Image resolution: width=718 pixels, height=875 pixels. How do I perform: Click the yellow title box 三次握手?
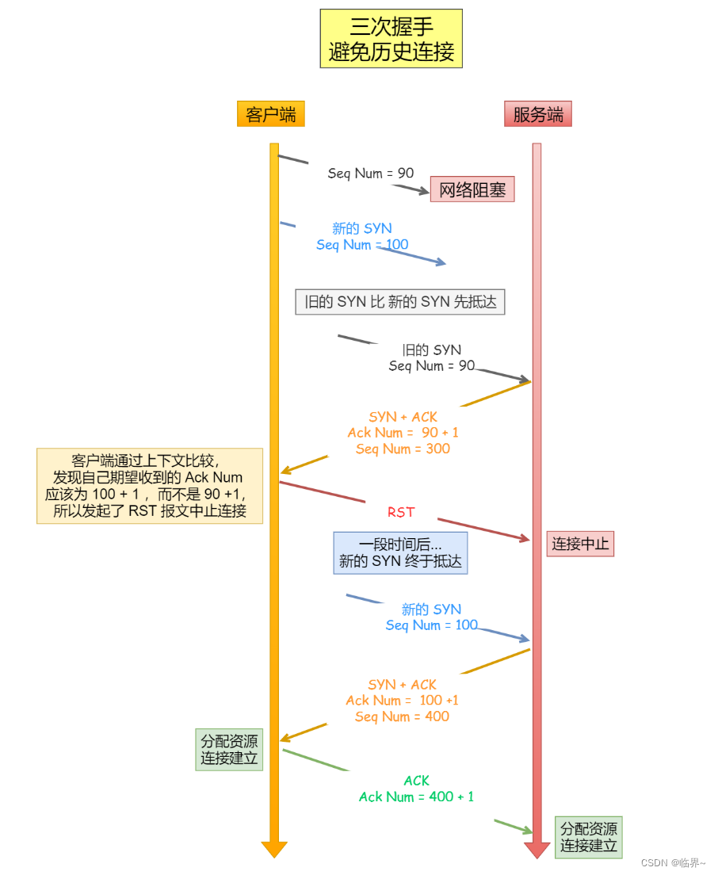pyautogui.click(x=391, y=39)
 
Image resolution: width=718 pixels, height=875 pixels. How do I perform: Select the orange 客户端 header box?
pyautogui.click(x=270, y=114)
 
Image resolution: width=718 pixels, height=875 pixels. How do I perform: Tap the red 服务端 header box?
pyautogui.click(x=538, y=114)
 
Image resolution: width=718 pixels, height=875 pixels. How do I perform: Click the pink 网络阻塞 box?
pyautogui.click(x=472, y=189)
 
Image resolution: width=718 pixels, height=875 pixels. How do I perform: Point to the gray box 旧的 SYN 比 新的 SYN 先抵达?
pyautogui.click(x=400, y=301)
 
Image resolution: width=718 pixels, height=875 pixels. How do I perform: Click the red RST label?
pyautogui.click(x=401, y=512)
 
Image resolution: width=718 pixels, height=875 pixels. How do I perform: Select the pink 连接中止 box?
pyautogui.click(x=580, y=544)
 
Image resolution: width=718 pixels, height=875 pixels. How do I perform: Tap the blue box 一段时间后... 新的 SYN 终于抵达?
pyautogui.click(x=401, y=553)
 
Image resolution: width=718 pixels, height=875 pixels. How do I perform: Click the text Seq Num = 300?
pyautogui.click(x=403, y=449)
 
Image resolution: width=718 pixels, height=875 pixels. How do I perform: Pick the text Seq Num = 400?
pyautogui.click(x=402, y=716)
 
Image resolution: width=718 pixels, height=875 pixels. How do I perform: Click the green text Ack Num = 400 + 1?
pyautogui.click(x=416, y=797)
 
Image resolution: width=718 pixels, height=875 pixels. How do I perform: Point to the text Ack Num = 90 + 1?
pyautogui.click(x=403, y=433)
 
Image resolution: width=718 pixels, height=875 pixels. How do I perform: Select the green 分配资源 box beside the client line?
pyautogui.click(x=229, y=750)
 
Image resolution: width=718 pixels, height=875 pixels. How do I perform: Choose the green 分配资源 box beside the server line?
pyautogui.click(x=589, y=837)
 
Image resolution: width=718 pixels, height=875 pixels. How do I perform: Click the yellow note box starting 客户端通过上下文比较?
pyautogui.click(x=150, y=486)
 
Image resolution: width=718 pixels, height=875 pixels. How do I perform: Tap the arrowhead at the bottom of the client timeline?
pyautogui.click(x=274, y=849)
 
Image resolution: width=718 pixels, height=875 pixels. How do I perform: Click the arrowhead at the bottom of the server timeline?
pyautogui.click(x=537, y=850)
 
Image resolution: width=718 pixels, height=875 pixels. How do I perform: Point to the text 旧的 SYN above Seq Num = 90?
pyautogui.click(x=431, y=350)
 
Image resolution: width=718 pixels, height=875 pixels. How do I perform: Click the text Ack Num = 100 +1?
pyautogui.click(x=402, y=701)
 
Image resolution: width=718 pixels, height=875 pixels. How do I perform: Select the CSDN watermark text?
pyautogui.click(x=672, y=862)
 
